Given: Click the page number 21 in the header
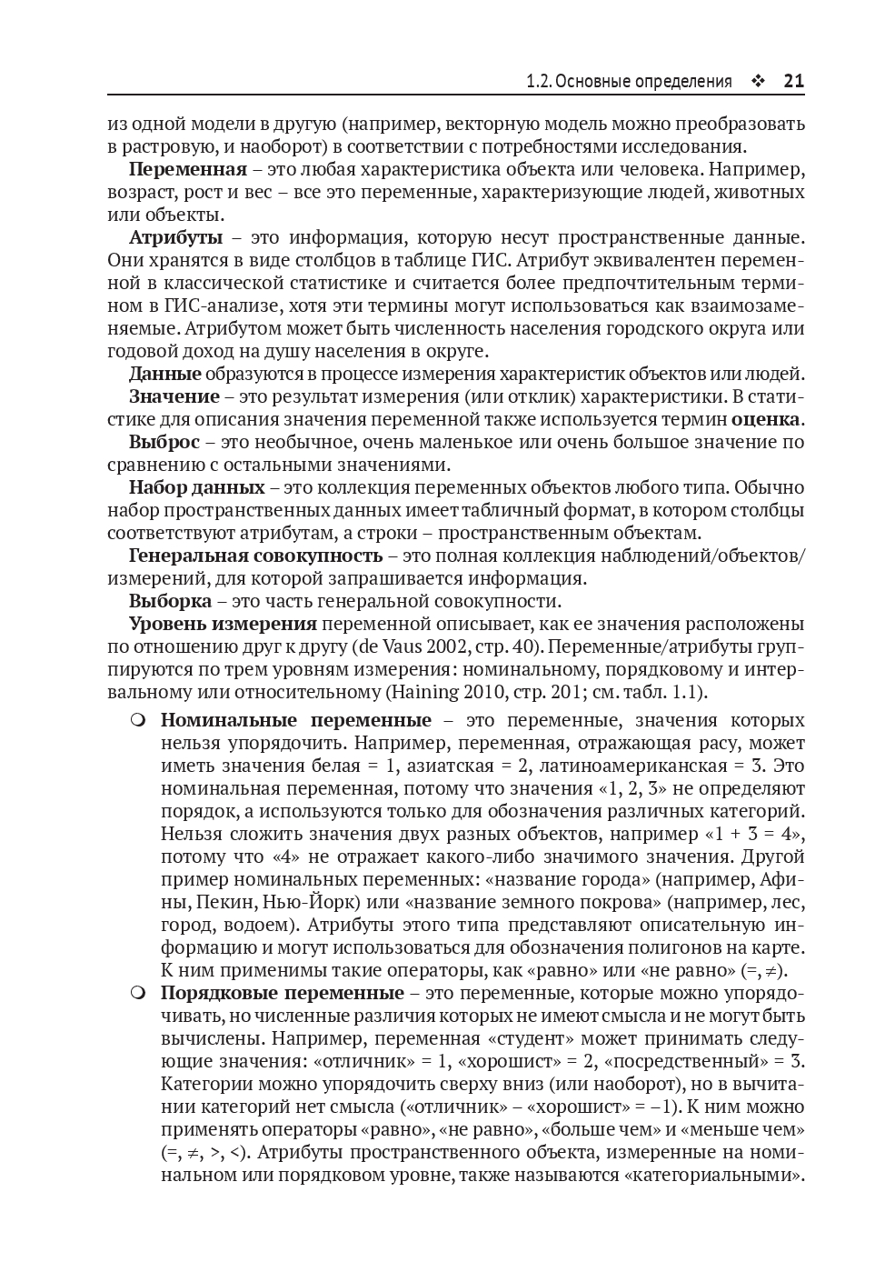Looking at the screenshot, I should click(793, 81).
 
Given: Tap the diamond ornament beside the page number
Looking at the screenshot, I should click(757, 81).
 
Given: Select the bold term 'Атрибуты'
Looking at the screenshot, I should click(175, 237).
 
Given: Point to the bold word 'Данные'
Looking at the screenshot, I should click(164, 374).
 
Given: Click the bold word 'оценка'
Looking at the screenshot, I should click(766, 419).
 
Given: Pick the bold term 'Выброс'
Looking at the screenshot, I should click(164, 442).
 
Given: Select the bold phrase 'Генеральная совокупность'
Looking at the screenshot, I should click(255, 556).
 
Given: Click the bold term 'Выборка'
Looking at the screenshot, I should click(170, 601).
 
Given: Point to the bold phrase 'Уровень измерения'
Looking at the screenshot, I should click(223, 624).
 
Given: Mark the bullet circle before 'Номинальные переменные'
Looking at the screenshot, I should click(137, 720).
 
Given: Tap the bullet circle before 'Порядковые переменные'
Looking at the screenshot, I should click(137, 993).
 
